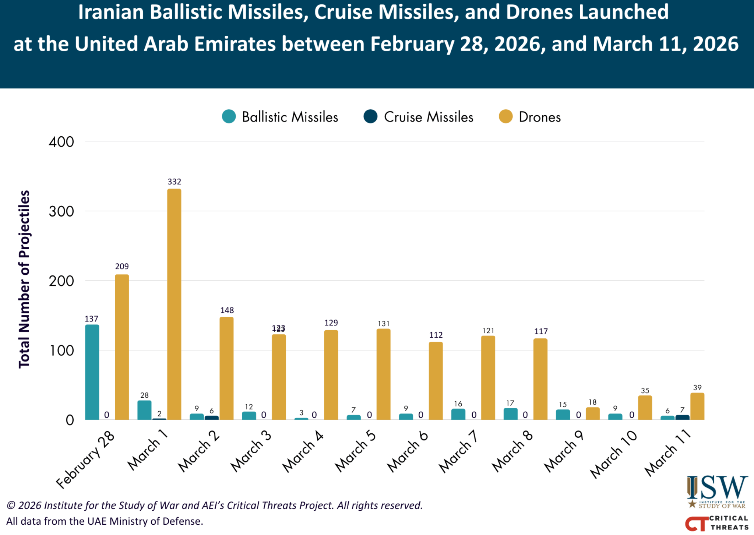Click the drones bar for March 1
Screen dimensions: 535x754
174,304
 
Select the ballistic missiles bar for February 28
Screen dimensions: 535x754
92,372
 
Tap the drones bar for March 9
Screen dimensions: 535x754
592,413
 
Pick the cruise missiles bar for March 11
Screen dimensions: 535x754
682,417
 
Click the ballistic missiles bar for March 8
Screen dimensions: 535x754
511,414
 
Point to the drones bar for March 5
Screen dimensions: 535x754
383,374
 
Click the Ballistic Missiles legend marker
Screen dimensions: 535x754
229,117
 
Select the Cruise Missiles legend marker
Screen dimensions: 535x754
370,117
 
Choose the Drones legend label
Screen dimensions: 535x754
539,117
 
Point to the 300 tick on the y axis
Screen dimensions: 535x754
61,211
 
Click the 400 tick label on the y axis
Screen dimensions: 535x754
61,142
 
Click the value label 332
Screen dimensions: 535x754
174,182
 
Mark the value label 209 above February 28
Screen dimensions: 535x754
122,267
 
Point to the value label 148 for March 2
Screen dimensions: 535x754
227,310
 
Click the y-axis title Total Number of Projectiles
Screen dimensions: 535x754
24,279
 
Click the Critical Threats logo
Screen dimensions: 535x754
716,523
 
